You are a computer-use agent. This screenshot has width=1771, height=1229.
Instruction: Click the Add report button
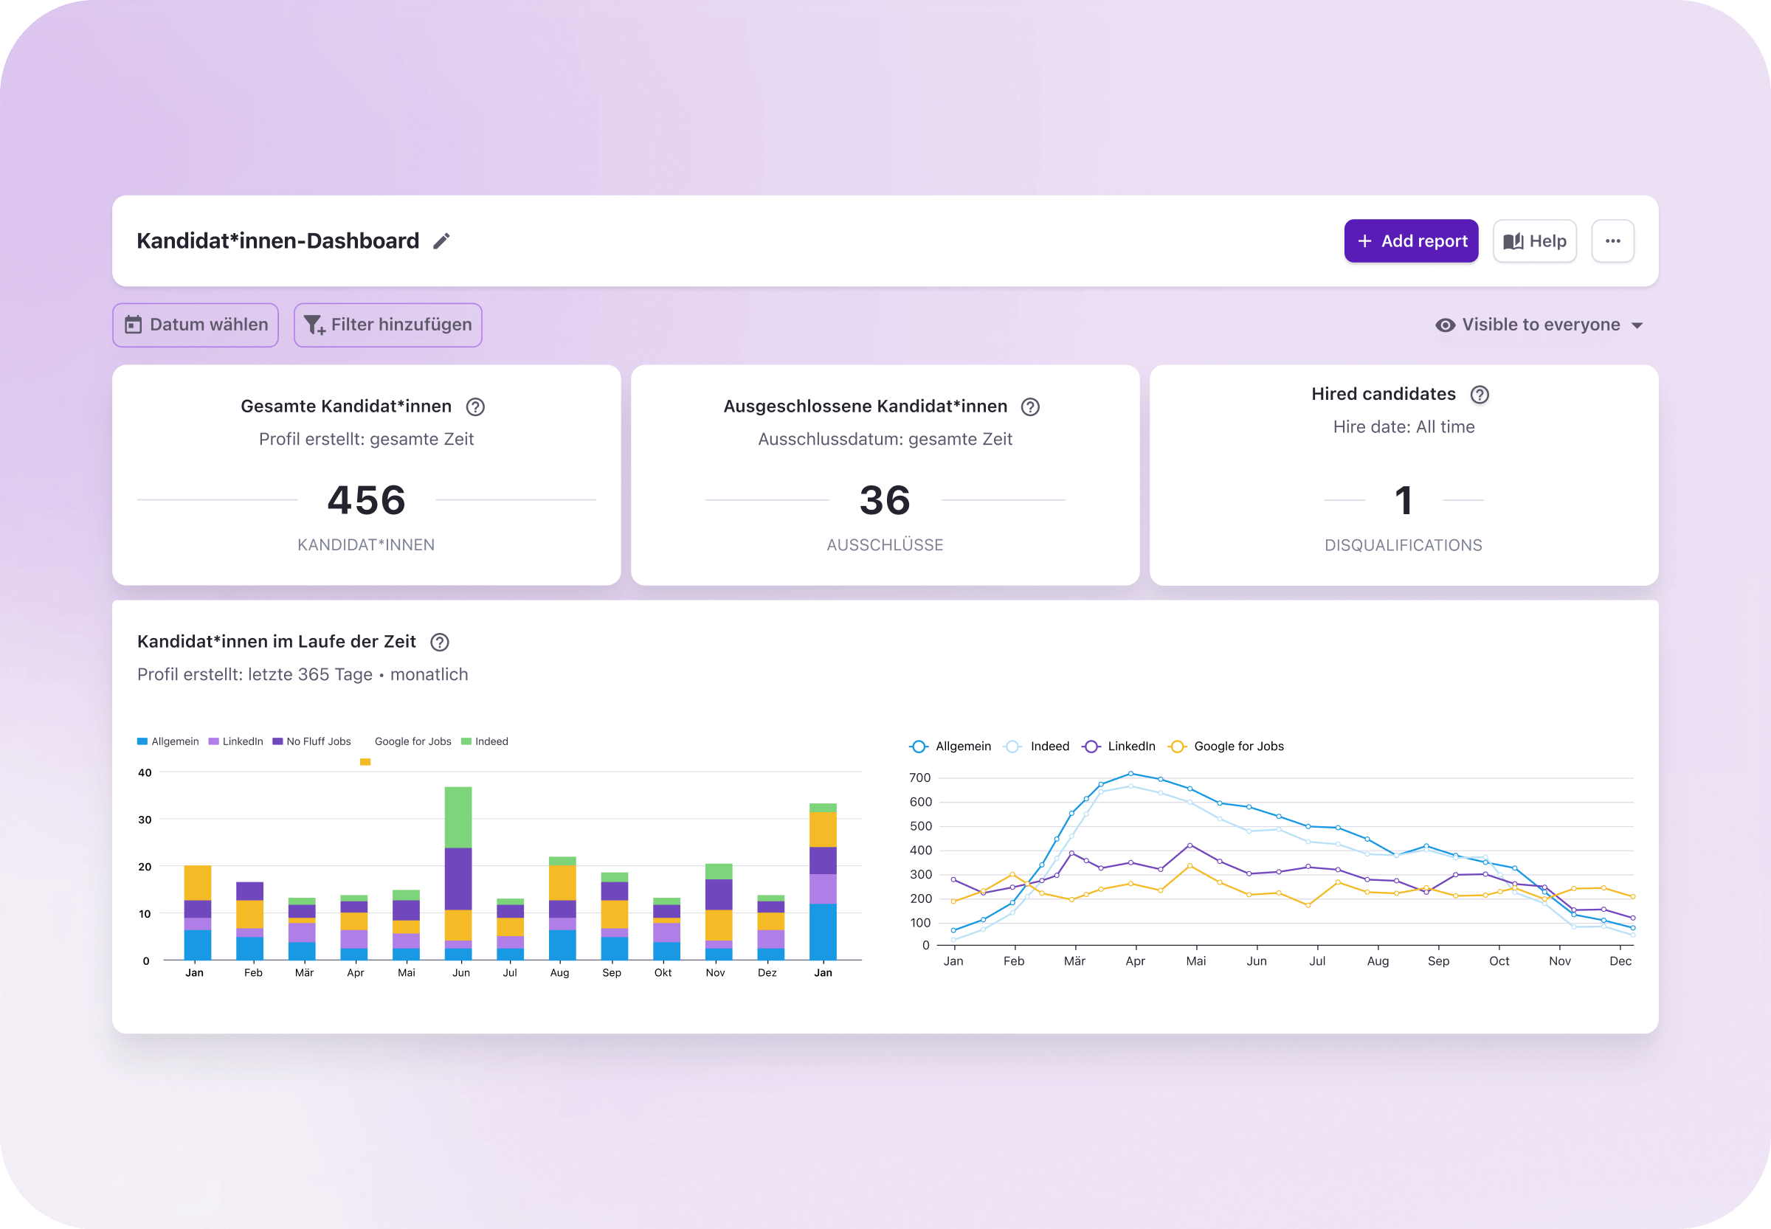(1410, 241)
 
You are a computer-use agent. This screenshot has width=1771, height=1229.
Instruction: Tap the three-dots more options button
(1612, 241)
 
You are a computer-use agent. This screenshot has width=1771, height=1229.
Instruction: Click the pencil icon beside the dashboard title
(441, 241)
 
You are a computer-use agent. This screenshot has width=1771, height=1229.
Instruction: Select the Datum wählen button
(196, 325)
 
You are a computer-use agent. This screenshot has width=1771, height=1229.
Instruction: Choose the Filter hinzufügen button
(387, 325)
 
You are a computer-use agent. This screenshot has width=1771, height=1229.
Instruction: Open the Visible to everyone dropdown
(1539, 325)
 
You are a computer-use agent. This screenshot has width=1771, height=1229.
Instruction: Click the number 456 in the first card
(367, 501)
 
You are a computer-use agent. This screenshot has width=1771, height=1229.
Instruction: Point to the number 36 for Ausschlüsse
(885, 501)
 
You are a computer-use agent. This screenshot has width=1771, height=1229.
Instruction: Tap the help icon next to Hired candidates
(1479, 394)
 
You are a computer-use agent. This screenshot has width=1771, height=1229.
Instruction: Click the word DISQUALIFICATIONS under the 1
(1403, 545)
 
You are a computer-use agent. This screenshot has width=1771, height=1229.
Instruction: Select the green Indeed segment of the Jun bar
(458, 816)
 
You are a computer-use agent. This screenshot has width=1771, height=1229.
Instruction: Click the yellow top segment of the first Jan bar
(197, 882)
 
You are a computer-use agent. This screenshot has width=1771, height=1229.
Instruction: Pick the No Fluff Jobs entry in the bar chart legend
(312, 741)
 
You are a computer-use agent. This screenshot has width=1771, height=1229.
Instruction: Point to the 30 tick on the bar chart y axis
(145, 820)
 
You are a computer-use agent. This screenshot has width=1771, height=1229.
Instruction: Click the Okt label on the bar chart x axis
(663, 972)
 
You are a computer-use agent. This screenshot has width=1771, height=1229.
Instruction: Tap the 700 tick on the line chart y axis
(919, 778)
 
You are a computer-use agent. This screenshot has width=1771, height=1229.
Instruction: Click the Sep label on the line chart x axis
(1438, 961)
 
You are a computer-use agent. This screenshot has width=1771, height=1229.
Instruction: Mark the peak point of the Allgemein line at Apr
(1130, 773)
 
